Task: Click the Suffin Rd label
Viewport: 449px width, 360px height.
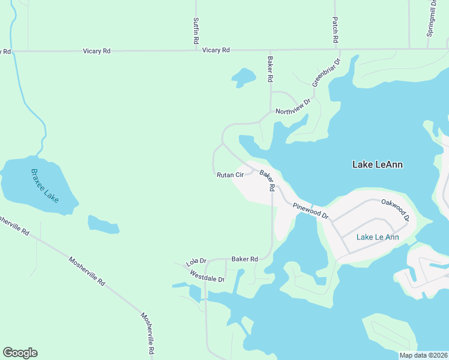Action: click(196, 31)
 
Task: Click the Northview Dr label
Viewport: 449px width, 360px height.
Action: click(294, 107)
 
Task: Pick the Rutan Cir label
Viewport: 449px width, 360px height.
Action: click(230, 175)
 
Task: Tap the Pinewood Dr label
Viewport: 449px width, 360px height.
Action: click(311, 211)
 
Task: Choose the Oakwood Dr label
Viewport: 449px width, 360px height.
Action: click(395, 211)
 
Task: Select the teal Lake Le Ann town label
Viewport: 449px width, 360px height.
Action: click(378, 237)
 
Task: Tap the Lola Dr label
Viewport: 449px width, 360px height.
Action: click(196, 262)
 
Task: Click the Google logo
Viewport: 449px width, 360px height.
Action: click(20, 353)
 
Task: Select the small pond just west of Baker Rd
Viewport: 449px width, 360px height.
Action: click(244, 77)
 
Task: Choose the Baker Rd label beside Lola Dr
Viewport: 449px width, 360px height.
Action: click(244, 259)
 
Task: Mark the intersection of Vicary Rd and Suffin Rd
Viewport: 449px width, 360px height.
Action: click(196, 50)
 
